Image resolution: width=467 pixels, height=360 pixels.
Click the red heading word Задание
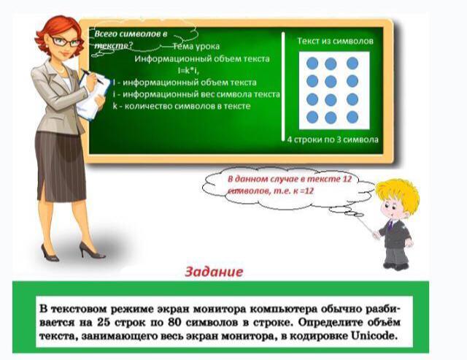tap(214, 272)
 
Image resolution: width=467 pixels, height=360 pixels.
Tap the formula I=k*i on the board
tap(188, 71)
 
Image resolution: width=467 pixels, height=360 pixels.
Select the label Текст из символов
tap(335, 41)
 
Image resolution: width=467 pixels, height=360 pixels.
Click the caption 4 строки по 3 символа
tap(333, 139)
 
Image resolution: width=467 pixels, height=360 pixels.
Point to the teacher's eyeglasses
tap(65, 42)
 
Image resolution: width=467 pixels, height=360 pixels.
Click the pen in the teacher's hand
tap(93, 77)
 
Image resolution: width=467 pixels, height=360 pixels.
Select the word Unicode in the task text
tap(374, 336)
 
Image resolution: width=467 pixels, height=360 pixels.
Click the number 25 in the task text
tap(104, 323)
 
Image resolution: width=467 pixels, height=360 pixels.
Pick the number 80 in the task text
tap(175, 323)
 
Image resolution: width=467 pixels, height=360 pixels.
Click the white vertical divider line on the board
tap(283, 86)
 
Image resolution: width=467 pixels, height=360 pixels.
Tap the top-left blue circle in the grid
tap(312, 64)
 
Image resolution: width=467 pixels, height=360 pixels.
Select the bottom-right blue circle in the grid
tap(352, 117)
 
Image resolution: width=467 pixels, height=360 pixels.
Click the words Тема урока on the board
tap(196, 47)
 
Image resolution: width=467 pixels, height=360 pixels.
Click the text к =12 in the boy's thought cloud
tap(304, 191)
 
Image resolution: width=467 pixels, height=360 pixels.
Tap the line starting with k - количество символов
tap(182, 106)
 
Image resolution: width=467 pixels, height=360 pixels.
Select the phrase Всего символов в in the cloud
tap(131, 34)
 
